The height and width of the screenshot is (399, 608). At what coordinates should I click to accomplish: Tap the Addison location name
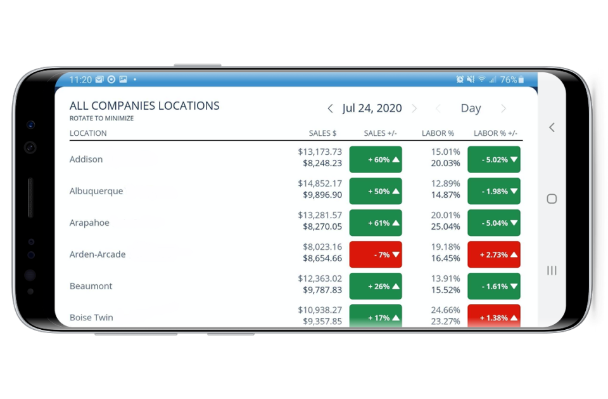[86, 159]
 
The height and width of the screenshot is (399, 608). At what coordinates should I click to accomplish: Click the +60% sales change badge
[376, 159]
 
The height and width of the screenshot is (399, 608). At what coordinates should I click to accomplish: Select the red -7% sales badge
[376, 254]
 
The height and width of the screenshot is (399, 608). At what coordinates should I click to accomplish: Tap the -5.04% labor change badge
[494, 223]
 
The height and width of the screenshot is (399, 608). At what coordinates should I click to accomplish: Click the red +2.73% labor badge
[494, 254]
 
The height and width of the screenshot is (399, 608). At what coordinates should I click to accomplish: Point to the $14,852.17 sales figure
[320, 183]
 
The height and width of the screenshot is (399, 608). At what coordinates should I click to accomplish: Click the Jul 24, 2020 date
[372, 108]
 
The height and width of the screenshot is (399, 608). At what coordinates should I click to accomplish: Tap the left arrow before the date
[330, 108]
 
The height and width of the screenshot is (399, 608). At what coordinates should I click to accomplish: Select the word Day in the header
[471, 108]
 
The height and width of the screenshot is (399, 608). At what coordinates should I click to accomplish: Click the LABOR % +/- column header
[495, 133]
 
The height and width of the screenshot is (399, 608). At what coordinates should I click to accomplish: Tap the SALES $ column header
[322, 133]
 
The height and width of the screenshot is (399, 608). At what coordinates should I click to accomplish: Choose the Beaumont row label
[91, 286]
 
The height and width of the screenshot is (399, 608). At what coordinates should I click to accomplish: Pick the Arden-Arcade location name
[98, 254]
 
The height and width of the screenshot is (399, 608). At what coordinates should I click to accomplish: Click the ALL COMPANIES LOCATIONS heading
[144, 106]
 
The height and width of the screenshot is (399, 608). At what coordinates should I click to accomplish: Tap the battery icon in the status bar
[521, 80]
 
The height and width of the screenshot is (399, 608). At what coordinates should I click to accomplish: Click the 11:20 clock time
[80, 80]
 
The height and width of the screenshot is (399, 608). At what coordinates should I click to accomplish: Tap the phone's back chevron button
[552, 128]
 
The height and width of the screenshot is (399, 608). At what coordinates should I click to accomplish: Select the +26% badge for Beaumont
[376, 286]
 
